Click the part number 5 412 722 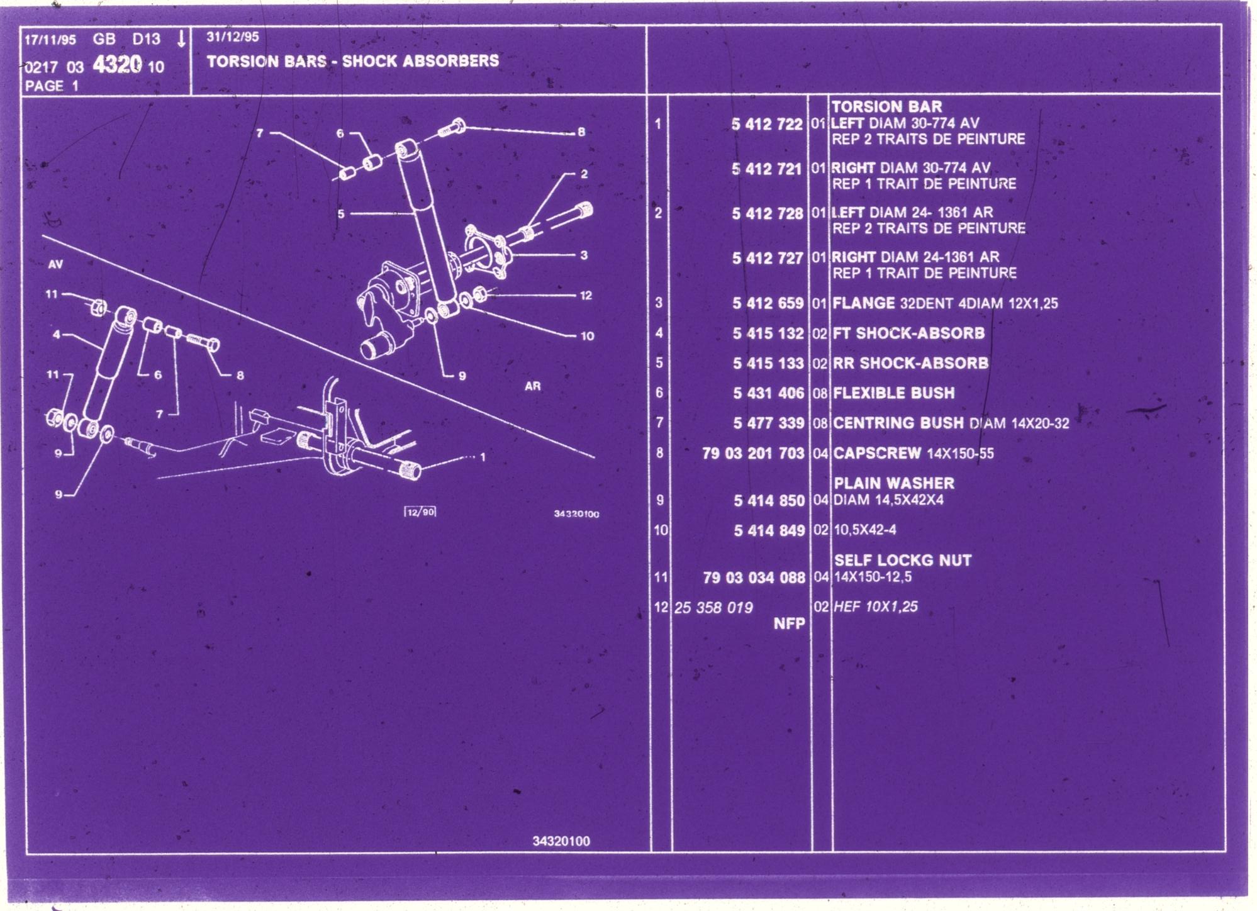767,124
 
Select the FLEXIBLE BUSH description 893,393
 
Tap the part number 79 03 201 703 753,453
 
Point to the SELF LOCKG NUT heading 902,560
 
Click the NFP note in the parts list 789,623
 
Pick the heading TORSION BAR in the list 886,107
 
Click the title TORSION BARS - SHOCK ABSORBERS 352,61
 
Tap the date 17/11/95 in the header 50,40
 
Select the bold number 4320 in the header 117,65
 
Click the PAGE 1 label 52,86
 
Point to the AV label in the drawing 55,264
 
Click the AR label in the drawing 532,386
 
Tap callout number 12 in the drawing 586,295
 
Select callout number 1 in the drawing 483,457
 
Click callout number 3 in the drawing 584,255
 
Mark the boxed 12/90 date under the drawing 420,511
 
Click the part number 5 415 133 768,363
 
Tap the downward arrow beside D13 181,39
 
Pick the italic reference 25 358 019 713,608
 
